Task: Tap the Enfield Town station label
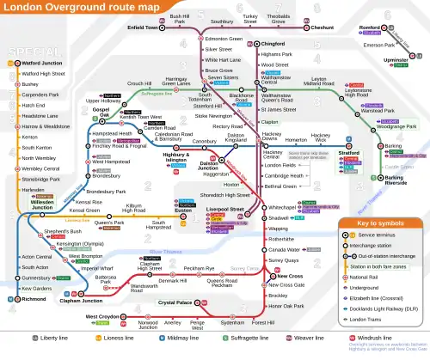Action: tap(144, 27)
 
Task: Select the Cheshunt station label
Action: tap(322, 27)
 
